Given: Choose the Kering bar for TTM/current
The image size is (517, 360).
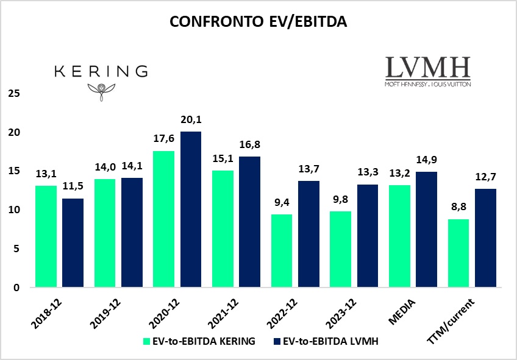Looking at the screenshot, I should (459, 253).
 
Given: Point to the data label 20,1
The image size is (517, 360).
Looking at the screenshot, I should (190, 121).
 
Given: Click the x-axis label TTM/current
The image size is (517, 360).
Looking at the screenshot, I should (458, 312).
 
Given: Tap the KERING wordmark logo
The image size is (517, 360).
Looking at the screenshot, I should (101, 71).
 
